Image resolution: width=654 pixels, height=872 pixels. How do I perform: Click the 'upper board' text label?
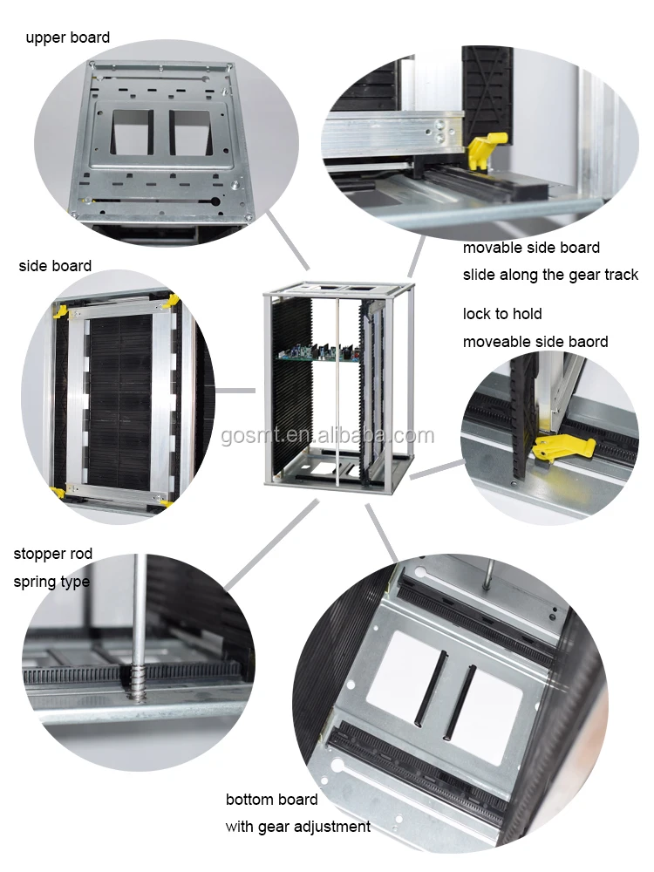(x=68, y=37)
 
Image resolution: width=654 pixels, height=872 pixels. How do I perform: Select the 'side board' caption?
(x=55, y=266)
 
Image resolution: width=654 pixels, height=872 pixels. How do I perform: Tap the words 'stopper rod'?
(x=52, y=554)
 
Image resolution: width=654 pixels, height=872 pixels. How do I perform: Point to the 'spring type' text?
(x=51, y=582)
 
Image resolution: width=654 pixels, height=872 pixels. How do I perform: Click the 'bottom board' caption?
(x=271, y=799)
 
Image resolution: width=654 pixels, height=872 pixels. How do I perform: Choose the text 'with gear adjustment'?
(x=297, y=827)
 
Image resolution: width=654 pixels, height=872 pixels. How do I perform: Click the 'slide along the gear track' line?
(x=550, y=275)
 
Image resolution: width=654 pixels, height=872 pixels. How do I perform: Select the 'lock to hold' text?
(x=502, y=314)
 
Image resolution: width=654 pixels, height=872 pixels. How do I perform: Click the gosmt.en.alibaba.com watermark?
(x=327, y=436)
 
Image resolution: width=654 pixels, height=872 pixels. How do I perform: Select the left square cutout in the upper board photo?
(x=134, y=133)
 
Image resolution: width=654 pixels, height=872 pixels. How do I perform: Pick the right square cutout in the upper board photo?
(x=190, y=133)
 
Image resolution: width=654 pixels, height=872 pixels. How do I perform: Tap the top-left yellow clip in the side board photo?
(x=61, y=310)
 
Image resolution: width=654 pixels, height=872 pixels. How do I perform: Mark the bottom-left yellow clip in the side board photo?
(x=59, y=493)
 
